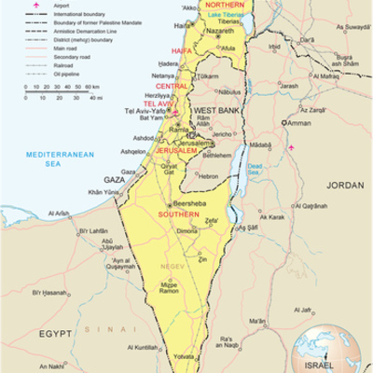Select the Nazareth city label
[220, 30]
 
